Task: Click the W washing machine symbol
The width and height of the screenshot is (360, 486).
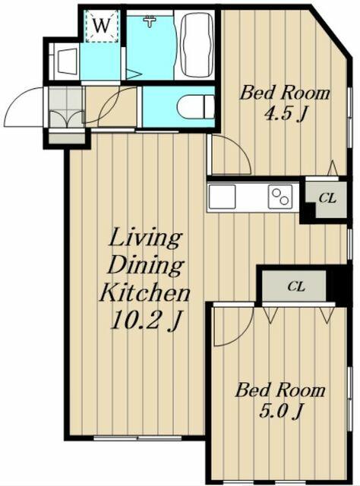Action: point(102,26)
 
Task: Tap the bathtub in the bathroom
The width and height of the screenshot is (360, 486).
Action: point(197,44)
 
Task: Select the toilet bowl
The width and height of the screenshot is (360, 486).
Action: point(196,106)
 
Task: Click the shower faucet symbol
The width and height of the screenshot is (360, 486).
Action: point(150,21)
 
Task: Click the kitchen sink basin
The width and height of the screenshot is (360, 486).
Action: point(222,197)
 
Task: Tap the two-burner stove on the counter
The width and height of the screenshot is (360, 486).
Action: point(280,197)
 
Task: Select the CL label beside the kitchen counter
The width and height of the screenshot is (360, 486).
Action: point(327,198)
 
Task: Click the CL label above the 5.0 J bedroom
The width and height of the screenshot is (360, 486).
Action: point(296,286)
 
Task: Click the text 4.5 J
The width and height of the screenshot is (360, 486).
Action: point(285,114)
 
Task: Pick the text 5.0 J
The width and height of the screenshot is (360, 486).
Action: point(280,411)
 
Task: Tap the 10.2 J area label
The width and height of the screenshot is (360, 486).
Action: point(145,320)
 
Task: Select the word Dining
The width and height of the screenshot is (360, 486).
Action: point(146,266)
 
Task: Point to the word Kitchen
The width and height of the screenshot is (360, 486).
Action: point(144,292)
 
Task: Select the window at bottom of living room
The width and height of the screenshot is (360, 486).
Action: point(137,438)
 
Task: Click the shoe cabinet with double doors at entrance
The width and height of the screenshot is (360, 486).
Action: point(67,107)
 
